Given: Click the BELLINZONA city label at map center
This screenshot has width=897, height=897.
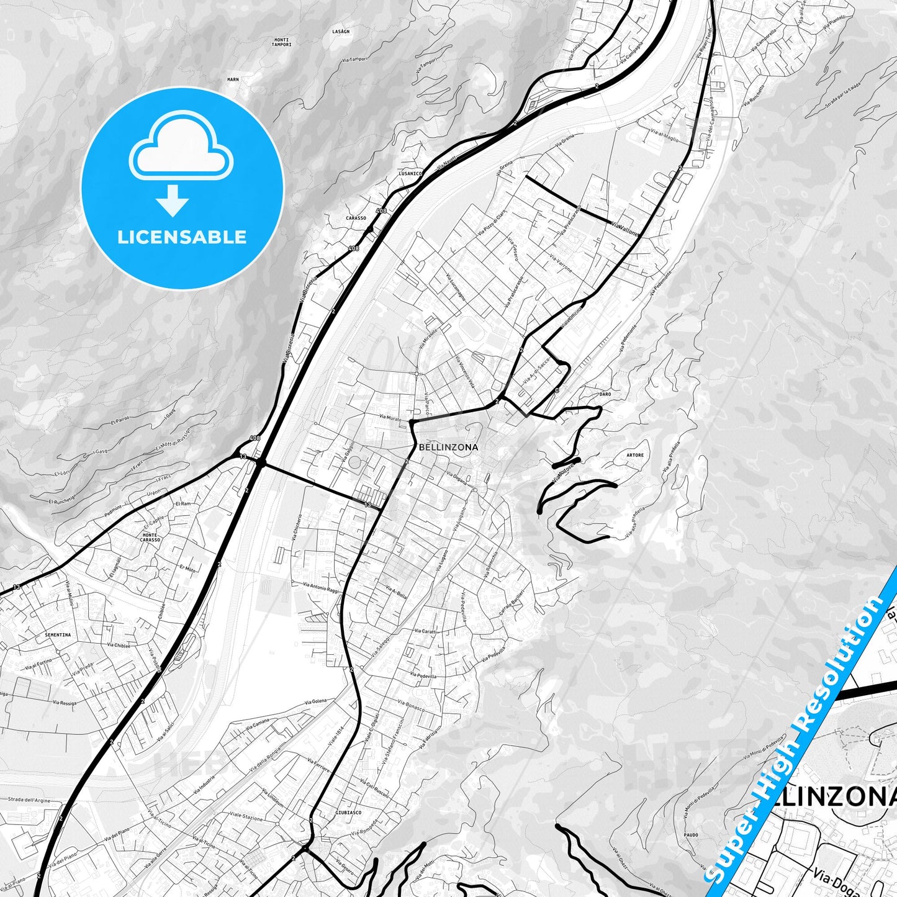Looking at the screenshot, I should (448, 447).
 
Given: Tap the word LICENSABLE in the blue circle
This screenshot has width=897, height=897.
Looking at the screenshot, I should (182, 237).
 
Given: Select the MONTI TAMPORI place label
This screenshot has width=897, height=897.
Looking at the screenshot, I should (282, 42).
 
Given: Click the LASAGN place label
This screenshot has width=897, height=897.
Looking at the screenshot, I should (341, 31).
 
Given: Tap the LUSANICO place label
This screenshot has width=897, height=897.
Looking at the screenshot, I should (411, 174).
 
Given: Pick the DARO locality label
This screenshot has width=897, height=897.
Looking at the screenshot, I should (605, 394).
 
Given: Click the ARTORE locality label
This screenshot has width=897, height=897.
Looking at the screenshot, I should (635, 455).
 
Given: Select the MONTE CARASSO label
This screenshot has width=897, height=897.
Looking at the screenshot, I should (150, 538).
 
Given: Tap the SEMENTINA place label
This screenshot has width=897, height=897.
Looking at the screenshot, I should (58, 635).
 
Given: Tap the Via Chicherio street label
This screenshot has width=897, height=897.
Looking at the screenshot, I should (299, 528).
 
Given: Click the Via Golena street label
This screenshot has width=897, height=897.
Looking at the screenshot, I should (315, 701).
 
